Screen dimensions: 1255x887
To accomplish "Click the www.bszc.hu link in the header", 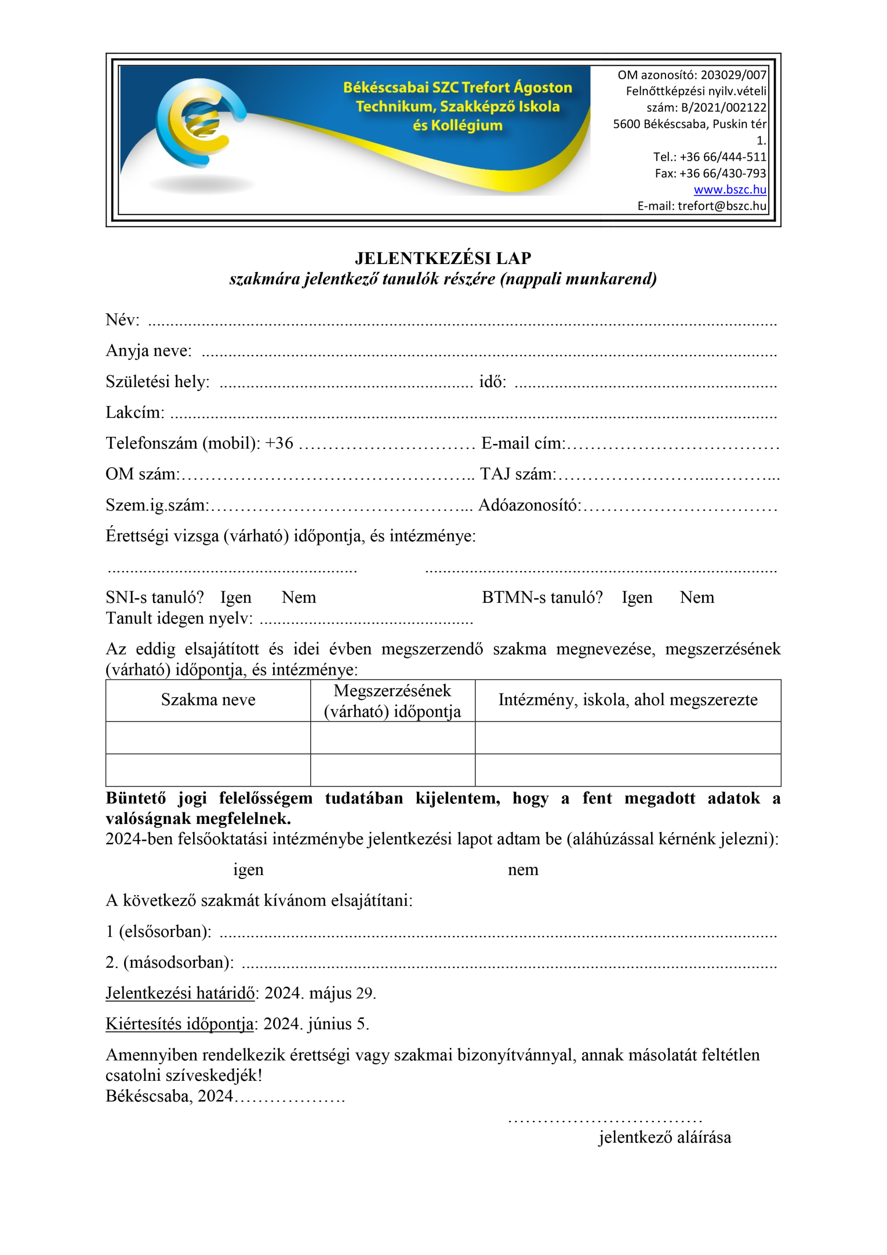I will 730,190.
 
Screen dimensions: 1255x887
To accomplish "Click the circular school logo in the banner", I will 199,123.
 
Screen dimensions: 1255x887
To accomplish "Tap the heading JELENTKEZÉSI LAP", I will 443,258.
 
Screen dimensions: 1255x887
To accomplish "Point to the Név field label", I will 123,320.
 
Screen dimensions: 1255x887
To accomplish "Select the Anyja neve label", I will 149,350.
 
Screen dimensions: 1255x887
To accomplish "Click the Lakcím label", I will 135,412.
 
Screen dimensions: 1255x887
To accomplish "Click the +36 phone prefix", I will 279,443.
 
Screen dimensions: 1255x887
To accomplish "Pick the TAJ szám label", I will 517,474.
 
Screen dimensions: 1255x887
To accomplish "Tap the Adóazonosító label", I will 529,505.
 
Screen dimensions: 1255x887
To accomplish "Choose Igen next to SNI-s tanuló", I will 236,598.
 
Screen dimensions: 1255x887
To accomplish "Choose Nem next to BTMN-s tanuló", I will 697,598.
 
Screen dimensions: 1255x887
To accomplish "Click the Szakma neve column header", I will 208,700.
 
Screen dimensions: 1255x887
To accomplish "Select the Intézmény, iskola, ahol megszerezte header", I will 627,700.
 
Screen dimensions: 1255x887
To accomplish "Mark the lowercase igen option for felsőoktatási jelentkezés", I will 248,870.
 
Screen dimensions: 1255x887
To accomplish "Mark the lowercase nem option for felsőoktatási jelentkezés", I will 523,870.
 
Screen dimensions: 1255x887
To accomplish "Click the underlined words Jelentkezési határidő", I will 180,993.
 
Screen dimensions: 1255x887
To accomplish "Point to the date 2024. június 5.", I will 316,1024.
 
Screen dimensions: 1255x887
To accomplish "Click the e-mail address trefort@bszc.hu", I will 721,206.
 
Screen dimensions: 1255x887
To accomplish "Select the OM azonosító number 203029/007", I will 734,75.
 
